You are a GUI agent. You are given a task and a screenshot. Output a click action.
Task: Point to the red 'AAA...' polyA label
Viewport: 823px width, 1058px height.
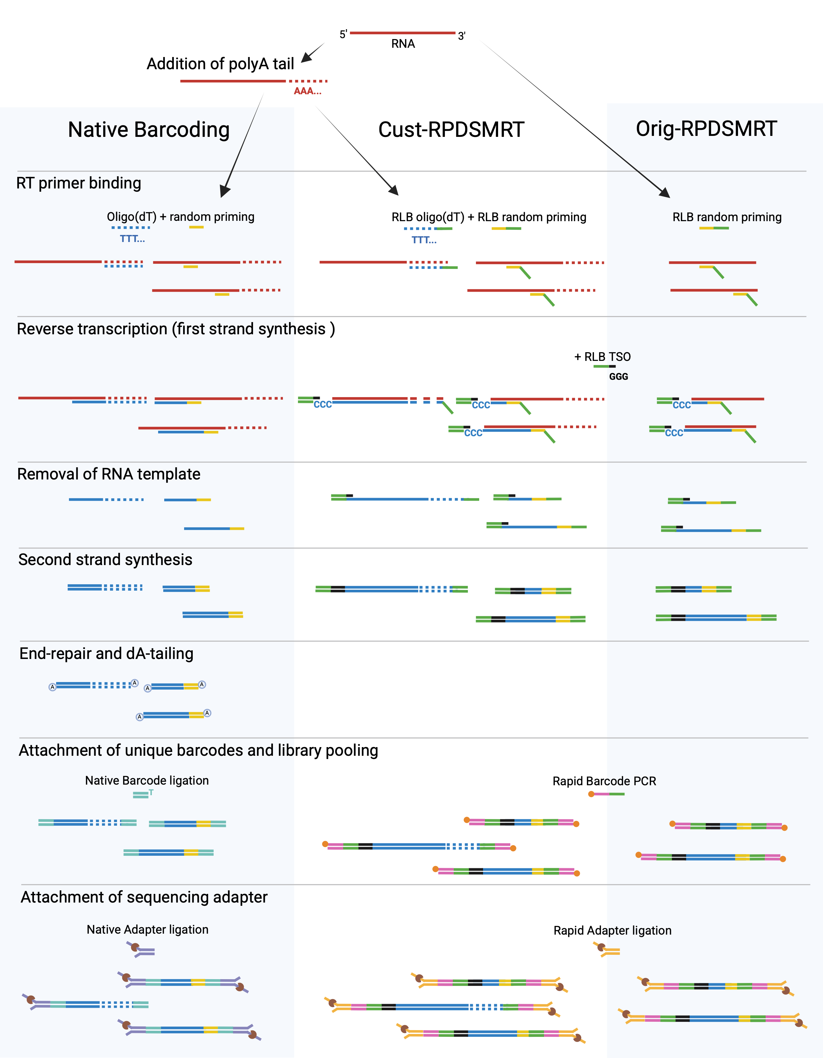(307, 91)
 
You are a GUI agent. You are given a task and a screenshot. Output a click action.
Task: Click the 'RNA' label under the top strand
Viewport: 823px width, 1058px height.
(403, 44)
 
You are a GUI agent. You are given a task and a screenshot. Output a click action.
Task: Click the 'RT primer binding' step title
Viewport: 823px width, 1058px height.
(79, 183)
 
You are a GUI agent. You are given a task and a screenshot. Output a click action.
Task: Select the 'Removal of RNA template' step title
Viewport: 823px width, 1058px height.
(109, 474)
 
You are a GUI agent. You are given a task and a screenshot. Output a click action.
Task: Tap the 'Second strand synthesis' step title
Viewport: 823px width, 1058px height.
(105, 560)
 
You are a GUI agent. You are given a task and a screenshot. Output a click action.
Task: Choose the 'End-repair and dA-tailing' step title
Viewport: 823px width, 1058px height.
(106, 654)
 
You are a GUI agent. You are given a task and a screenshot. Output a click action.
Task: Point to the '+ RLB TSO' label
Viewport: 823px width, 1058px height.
(602, 357)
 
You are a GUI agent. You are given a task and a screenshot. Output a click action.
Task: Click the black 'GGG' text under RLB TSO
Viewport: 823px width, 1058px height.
(618, 376)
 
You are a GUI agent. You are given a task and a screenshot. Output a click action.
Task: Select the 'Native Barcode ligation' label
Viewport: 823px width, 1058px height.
(147, 780)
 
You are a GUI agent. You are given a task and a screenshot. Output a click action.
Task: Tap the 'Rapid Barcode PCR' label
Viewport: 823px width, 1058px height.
(604, 781)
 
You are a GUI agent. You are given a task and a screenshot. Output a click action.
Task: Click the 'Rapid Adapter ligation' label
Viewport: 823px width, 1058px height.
(612, 930)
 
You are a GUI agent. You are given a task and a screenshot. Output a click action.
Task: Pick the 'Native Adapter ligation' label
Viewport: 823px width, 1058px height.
(147, 929)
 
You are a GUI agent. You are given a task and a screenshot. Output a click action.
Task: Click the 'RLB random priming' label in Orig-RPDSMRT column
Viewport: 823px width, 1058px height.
(726, 217)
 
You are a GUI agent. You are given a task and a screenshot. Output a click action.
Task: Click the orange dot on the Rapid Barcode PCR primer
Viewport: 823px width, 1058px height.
(591, 794)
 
